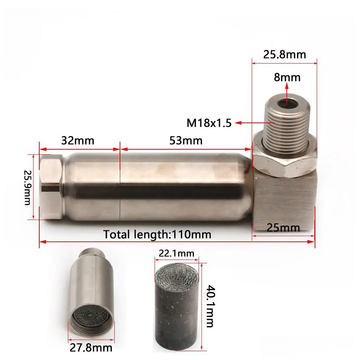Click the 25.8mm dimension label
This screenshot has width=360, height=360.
click(x=285, y=54)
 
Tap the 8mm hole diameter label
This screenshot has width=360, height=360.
click(x=287, y=77)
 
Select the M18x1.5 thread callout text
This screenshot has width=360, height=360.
click(x=209, y=123)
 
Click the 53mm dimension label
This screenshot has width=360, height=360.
click(x=186, y=140)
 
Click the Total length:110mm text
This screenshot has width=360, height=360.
click(x=157, y=235)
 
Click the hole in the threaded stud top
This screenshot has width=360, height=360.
click(x=287, y=104)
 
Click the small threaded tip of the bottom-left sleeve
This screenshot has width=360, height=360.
click(x=92, y=252)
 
